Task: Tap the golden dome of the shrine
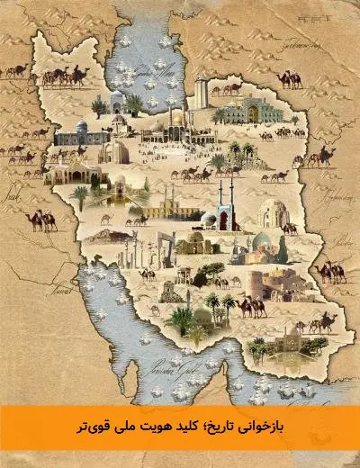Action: (176, 118)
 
